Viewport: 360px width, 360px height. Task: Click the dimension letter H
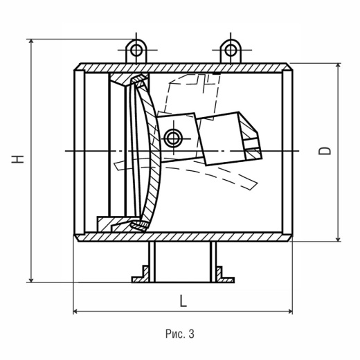[x=18, y=159]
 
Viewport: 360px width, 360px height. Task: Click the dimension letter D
[x=325, y=151]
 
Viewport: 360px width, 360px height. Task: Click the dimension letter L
[x=183, y=301]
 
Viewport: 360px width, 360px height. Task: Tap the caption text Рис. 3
[x=180, y=334]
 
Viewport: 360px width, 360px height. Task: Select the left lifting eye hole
[x=136, y=50]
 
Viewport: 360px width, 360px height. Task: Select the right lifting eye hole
[x=231, y=50]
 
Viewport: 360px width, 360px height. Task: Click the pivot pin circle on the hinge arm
[x=172, y=138]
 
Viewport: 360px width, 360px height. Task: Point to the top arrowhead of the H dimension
[x=31, y=42]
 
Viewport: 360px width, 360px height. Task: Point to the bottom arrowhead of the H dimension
[x=31, y=280]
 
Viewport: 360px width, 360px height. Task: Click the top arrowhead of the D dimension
[x=338, y=66]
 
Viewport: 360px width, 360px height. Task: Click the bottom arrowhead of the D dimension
[x=338, y=239]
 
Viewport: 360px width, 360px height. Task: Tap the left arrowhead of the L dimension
[x=75, y=312]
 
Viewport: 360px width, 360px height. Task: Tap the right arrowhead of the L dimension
[x=290, y=312]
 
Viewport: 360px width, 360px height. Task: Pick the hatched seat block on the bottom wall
[x=118, y=224]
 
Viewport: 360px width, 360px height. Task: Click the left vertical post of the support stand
[x=152, y=262]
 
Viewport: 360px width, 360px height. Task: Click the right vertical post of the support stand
[x=213, y=262]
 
